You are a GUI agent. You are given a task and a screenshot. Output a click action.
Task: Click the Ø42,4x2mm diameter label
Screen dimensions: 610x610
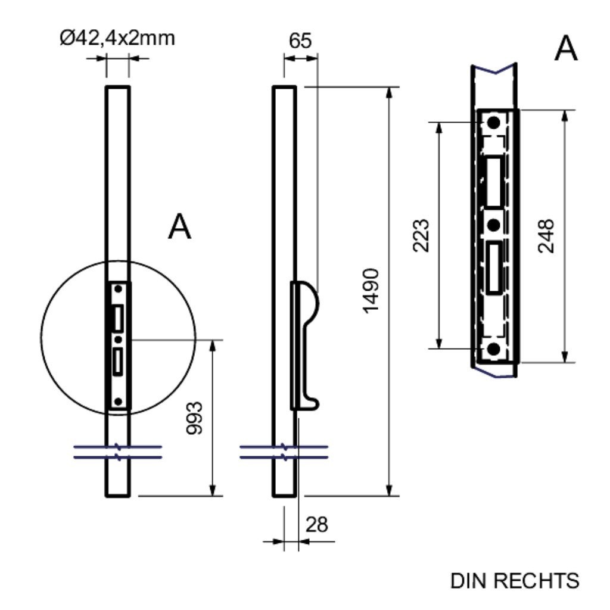point(117,39)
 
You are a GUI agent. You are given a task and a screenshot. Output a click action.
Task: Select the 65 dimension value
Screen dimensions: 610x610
point(300,41)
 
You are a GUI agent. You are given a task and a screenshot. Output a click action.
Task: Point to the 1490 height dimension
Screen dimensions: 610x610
point(371,291)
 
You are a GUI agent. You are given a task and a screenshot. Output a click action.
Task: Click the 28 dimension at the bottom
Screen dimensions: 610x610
point(316,524)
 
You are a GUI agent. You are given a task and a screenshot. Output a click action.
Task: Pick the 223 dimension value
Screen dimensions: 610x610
point(421,235)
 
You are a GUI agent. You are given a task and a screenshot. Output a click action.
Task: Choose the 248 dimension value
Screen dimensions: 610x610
point(546,235)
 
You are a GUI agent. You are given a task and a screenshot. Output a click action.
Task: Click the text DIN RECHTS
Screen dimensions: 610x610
point(515,580)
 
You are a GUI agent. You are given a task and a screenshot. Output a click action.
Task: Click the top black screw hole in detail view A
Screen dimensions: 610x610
point(494,123)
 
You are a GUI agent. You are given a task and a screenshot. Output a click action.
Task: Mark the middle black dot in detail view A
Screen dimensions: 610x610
point(493,225)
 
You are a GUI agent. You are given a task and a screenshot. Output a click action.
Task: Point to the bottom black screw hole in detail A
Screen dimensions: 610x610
point(494,349)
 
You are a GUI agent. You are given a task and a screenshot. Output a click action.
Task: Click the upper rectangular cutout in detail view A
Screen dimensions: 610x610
point(494,182)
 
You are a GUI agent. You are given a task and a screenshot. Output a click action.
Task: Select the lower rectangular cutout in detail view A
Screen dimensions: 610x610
point(494,267)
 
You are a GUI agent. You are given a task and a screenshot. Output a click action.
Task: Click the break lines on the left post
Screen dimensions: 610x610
point(118,452)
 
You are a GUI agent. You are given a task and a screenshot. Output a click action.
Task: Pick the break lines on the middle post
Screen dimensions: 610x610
point(284,452)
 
